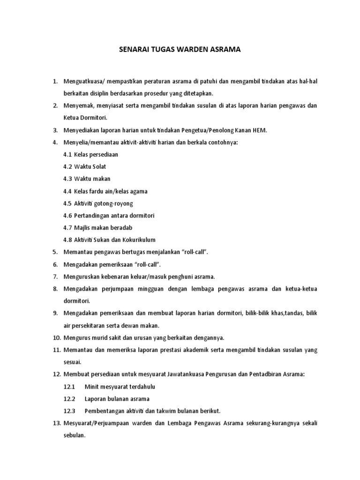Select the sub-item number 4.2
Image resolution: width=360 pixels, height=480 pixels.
click(x=67, y=167)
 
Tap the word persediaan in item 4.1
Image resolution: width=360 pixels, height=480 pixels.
click(x=105, y=155)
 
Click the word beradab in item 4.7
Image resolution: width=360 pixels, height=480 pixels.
click(x=121, y=228)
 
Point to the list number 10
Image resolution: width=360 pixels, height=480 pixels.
click(x=56, y=337)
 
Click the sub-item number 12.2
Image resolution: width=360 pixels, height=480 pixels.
click(x=69, y=398)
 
